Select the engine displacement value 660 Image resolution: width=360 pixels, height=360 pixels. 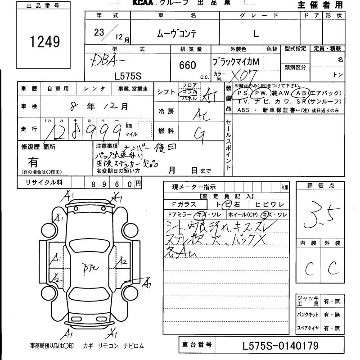(x=187, y=66)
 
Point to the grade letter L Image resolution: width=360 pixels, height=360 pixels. (x=256, y=33)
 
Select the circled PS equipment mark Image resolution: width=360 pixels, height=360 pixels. (x=243, y=93)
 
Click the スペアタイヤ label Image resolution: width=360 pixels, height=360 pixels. (x=308, y=328)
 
